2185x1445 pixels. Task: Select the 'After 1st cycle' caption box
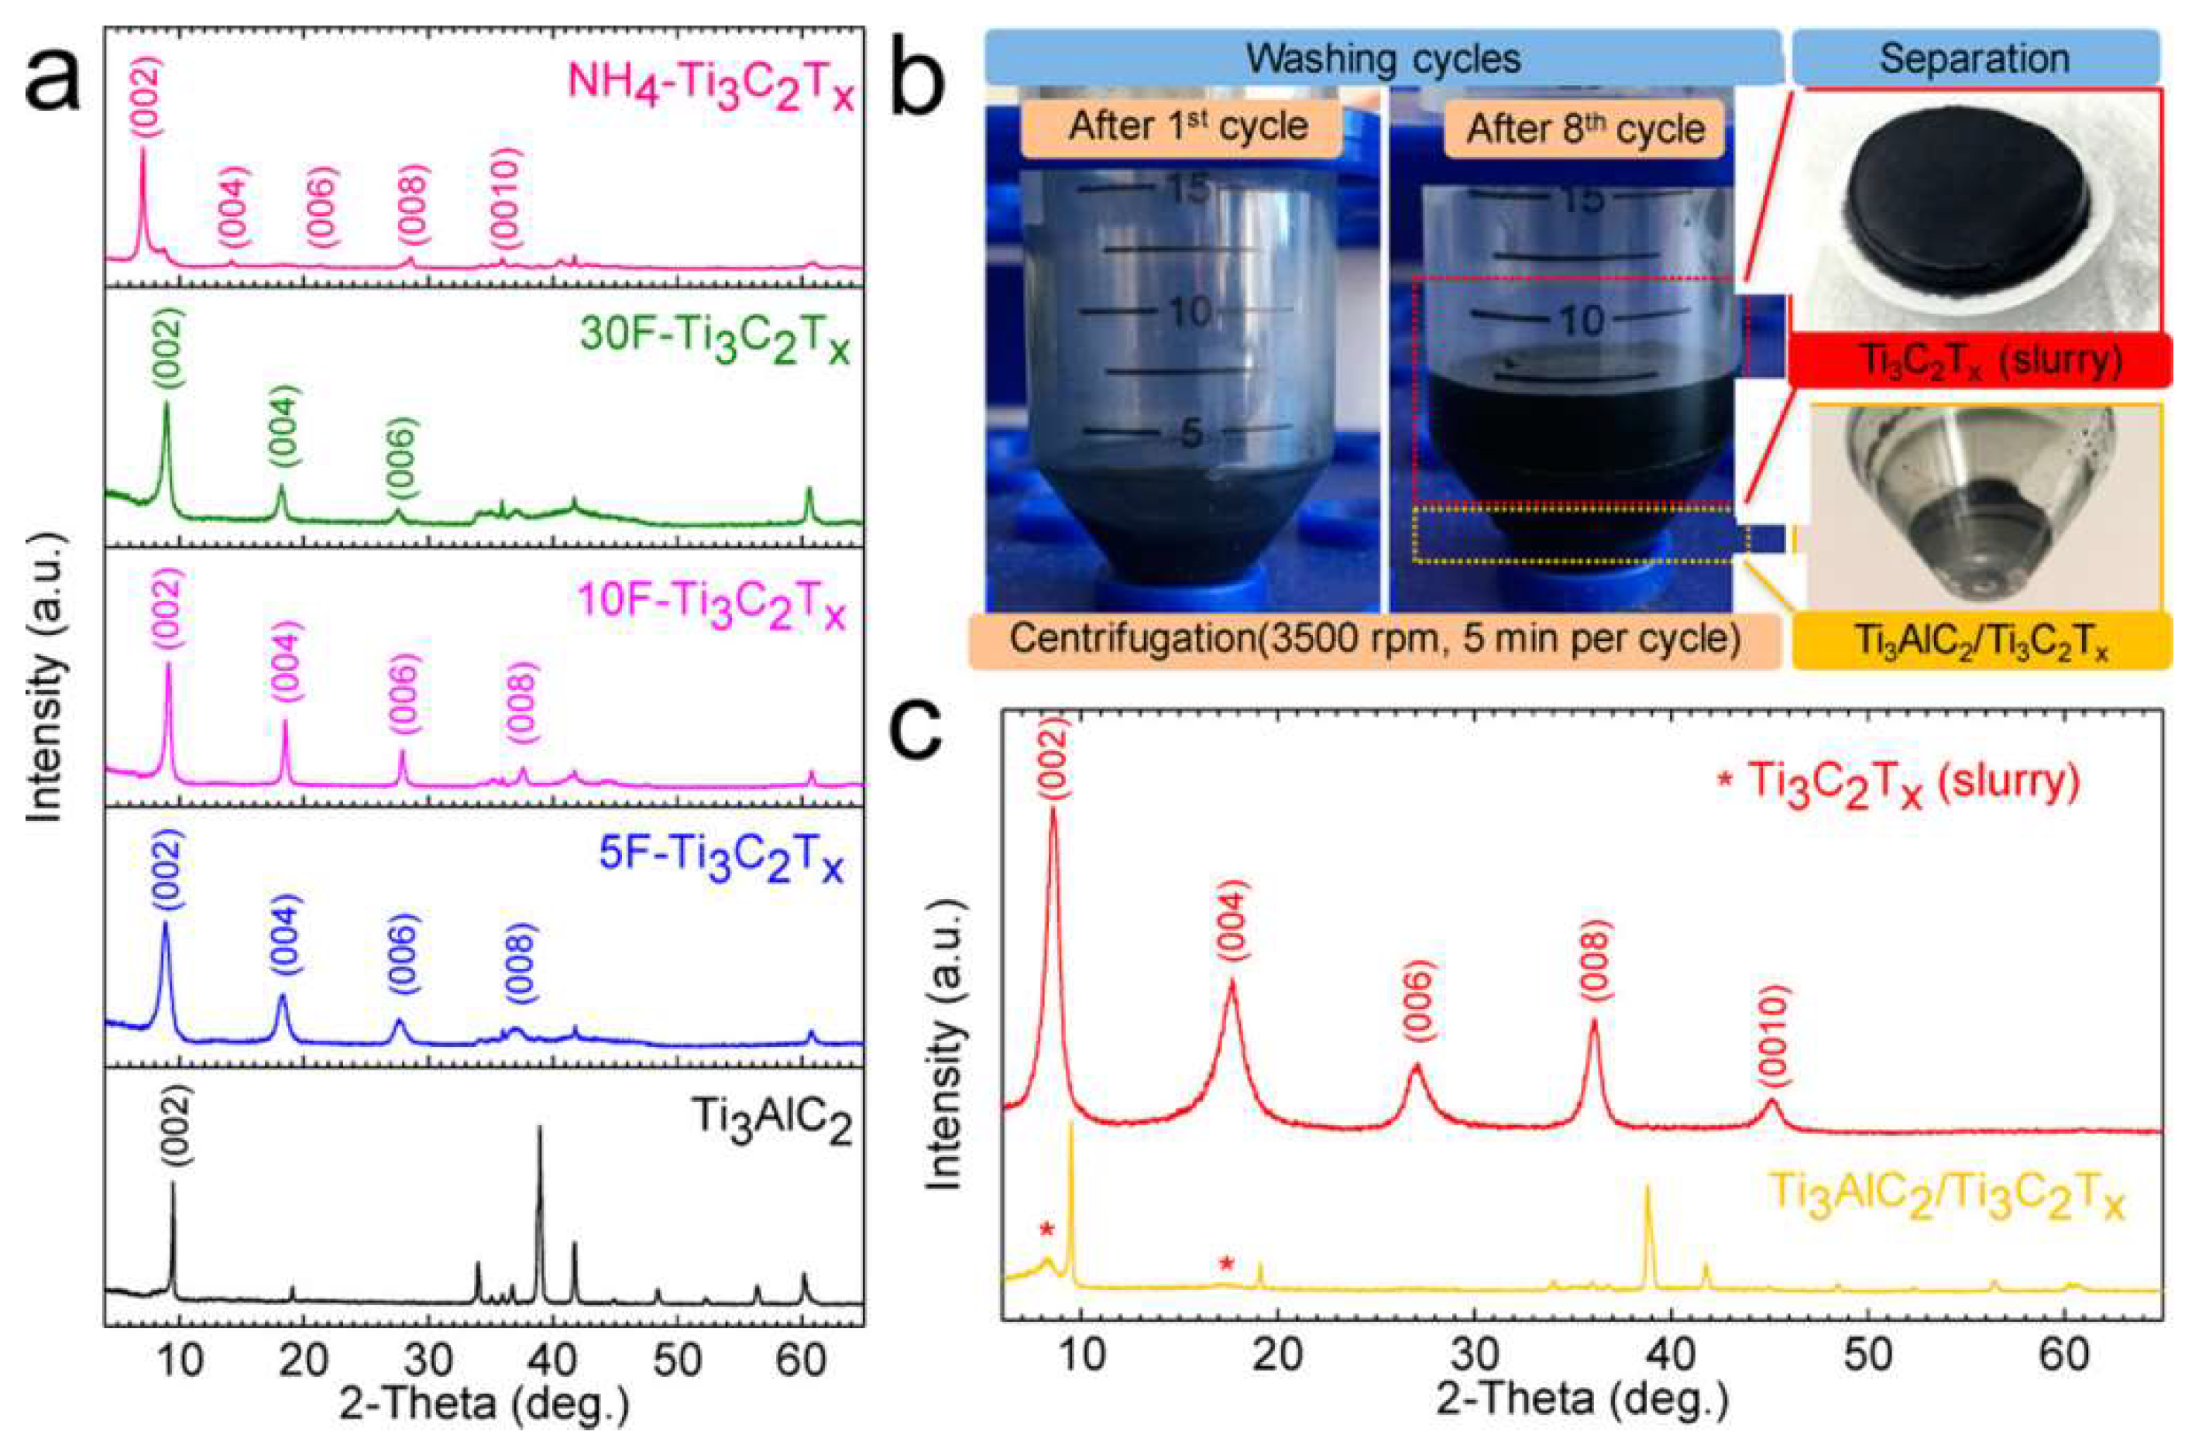tap(1188, 126)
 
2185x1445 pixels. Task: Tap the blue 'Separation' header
tap(1974, 58)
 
